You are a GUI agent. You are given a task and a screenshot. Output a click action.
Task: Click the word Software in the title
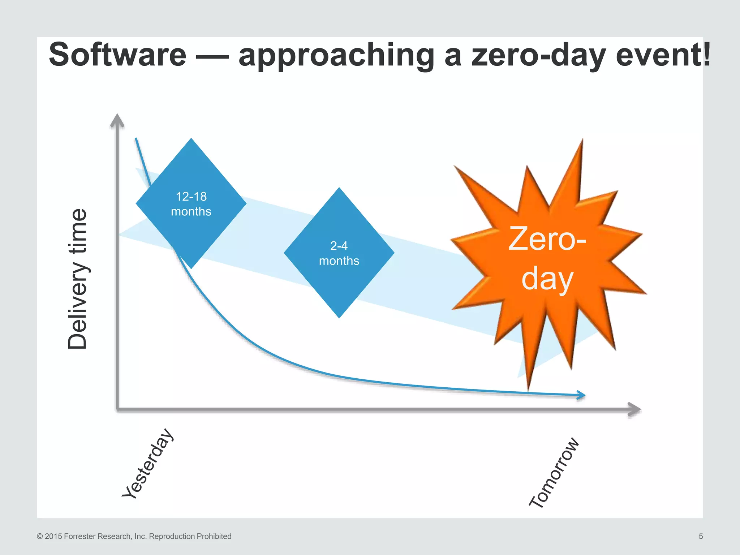(x=117, y=55)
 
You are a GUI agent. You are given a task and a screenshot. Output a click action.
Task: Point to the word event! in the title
(x=663, y=55)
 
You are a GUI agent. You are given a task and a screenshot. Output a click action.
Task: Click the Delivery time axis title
(x=78, y=279)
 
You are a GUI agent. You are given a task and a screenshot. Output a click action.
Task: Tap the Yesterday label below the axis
(x=147, y=464)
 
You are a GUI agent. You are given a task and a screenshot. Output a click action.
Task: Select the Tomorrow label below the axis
(x=554, y=473)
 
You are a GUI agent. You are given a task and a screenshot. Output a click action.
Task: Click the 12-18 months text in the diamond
(x=191, y=204)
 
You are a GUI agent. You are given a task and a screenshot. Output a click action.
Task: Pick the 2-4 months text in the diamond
(x=339, y=253)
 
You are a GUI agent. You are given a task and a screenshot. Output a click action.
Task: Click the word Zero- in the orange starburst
(x=547, y=239)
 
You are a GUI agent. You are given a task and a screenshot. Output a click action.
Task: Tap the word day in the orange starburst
(x=547, y=279)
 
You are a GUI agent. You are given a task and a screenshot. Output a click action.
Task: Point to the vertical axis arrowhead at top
(x=117, y=121)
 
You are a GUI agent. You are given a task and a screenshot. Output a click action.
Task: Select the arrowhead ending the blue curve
(x=581, y=395)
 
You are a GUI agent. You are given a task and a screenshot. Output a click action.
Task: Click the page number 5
(x=701, y=537)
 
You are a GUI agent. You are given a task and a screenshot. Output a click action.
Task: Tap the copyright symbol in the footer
(x=40, y=537)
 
